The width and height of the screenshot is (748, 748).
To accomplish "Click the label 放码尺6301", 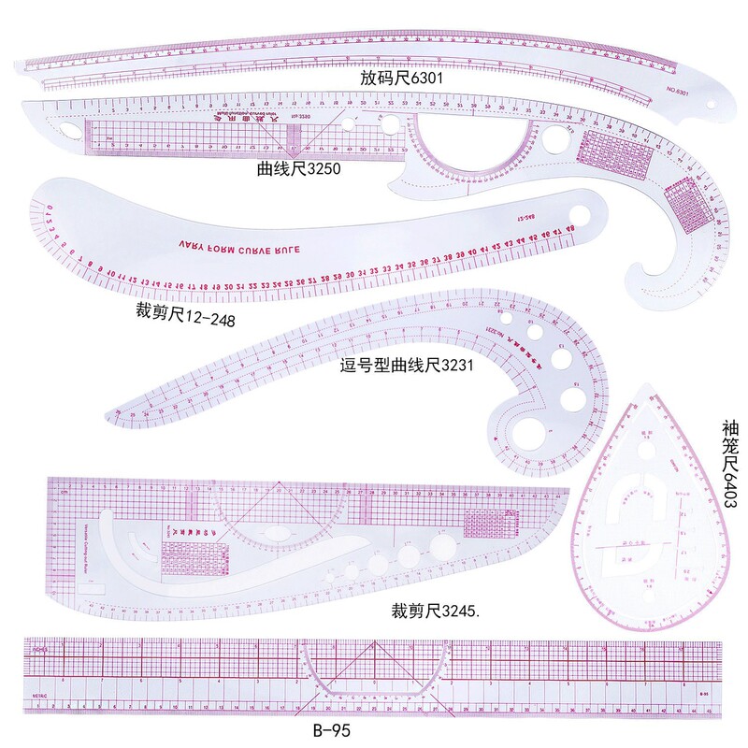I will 401,79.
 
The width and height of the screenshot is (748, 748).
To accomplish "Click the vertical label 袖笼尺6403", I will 730,462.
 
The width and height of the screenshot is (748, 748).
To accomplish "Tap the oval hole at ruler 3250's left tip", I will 71,125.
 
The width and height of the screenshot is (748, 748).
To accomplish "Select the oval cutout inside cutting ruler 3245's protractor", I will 282,534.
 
